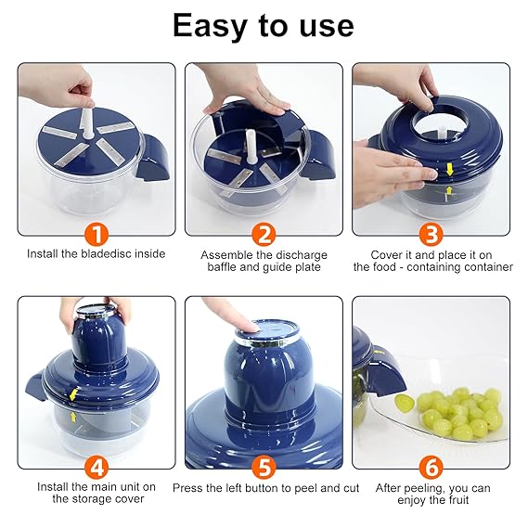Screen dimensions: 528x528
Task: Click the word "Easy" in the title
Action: point(210,26)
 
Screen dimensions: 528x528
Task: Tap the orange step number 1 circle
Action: point(97,235)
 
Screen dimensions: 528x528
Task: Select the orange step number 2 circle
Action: point(264,235)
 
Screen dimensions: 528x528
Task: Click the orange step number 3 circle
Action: point(431,235)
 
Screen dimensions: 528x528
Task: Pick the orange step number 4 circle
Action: point(97,467)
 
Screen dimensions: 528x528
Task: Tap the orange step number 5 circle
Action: point(264,467)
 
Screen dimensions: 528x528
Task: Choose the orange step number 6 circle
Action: point(431,467)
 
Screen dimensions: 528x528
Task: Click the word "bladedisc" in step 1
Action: point(107,253)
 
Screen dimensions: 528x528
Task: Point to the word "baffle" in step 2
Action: point(223,267)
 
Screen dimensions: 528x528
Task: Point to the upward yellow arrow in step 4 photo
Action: point(72,418)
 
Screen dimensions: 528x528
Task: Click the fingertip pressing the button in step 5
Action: point(251,327)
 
